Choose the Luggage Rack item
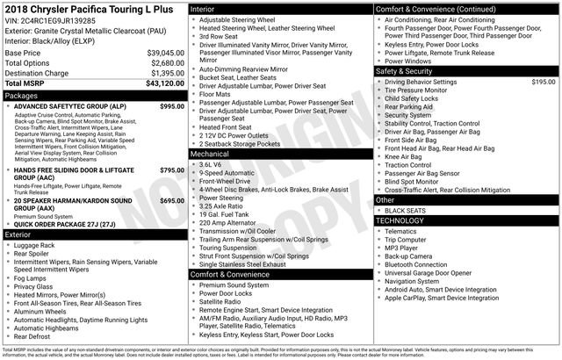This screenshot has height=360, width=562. pyautogui.click(x=35, y=245)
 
